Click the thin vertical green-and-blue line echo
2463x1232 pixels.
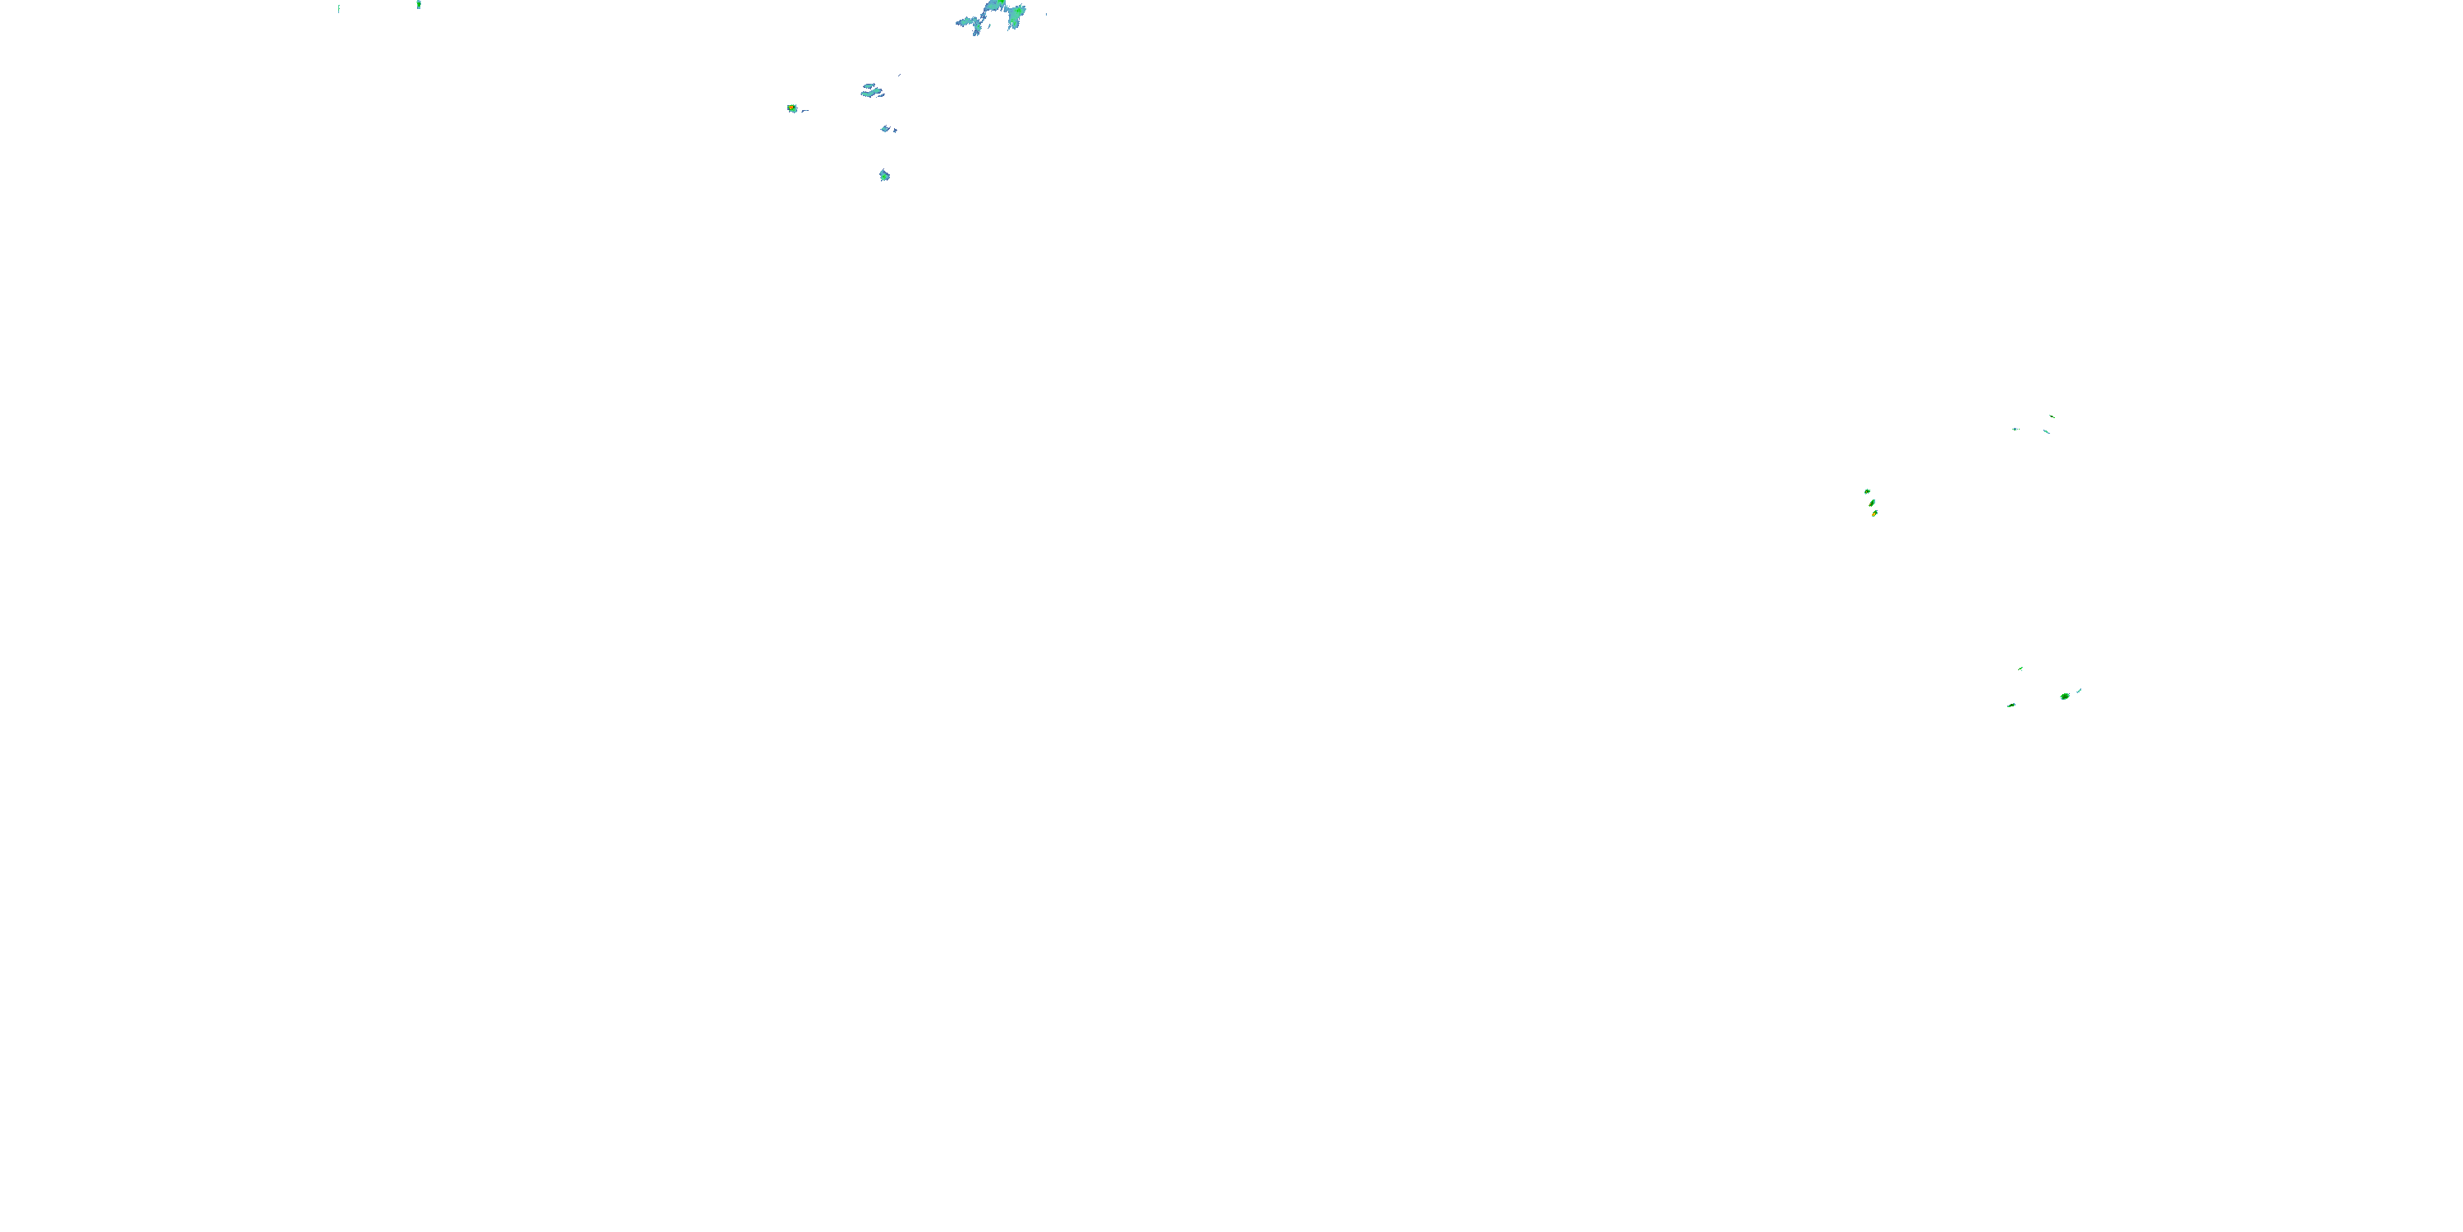[x=338, y=8]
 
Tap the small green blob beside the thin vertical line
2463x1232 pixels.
[x=419, y=5]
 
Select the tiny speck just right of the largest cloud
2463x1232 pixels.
[x=1046, y=14]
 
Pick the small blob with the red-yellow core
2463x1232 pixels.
[x=791, y=108]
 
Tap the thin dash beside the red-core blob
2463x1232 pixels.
[x=805, y=111]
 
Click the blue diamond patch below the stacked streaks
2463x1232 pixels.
[x=888, y=128]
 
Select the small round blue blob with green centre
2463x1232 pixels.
[x=884, y=175]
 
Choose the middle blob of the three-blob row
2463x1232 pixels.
[x=1871, y=502]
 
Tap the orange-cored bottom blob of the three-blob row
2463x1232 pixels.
[x=1874, y=513]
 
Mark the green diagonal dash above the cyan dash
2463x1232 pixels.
[x=2052, y=416]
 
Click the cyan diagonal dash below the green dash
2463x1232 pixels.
[x=2046, y=431]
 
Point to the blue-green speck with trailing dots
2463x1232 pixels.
[x=2015, y=429]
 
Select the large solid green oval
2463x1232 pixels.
[x=2064, y=696]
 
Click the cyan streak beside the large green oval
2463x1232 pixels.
[x=2080, y=690]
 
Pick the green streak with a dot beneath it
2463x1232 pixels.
[x=2020, y=668]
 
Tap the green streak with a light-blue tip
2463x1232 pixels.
[x=2011, y=705]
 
